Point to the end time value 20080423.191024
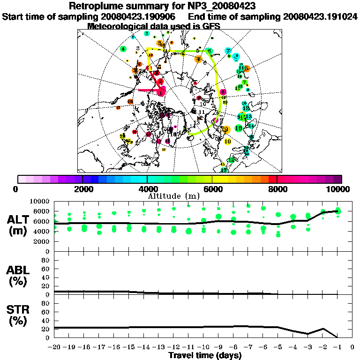coord(320,16)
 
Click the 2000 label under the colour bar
coord(82,189)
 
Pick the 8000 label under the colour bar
coord(277,189)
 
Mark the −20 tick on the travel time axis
coord(55,347)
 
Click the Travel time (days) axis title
coord(204,355)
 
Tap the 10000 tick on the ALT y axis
coord(40,201)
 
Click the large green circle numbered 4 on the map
coord(123,49)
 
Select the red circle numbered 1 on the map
coord(161,92)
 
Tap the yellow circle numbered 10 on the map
coord(228,141)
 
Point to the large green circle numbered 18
coord(238,128)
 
